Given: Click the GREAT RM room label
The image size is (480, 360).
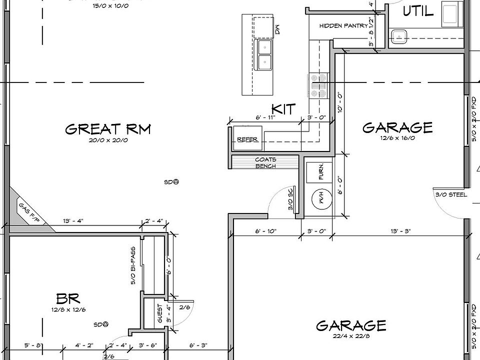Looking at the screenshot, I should tap(107, 129).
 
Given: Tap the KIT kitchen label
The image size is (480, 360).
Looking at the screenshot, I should tap(283, 109).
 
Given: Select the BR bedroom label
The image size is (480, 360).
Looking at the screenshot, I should tap(68, 299).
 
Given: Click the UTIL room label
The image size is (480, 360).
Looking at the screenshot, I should tap(418, 11).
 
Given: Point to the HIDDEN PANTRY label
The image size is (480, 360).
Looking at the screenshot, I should tap(343, 25).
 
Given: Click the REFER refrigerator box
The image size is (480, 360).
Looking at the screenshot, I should tap(247, 138).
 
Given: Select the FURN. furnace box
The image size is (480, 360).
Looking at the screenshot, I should tap(321, 171).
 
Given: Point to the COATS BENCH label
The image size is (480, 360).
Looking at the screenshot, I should tap(265, 162).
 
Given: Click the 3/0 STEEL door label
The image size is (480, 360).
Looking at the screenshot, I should tap(451, 194).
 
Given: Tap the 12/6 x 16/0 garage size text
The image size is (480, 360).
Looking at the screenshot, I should tap(397, 137).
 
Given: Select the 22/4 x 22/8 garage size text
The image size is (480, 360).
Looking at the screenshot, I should tap(351, 336).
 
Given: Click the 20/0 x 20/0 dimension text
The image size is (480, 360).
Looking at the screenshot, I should tap(108, 140).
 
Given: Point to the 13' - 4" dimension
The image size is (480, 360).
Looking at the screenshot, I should tap(73, 221).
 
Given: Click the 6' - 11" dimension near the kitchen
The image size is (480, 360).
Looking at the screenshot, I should tap(265, 117).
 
